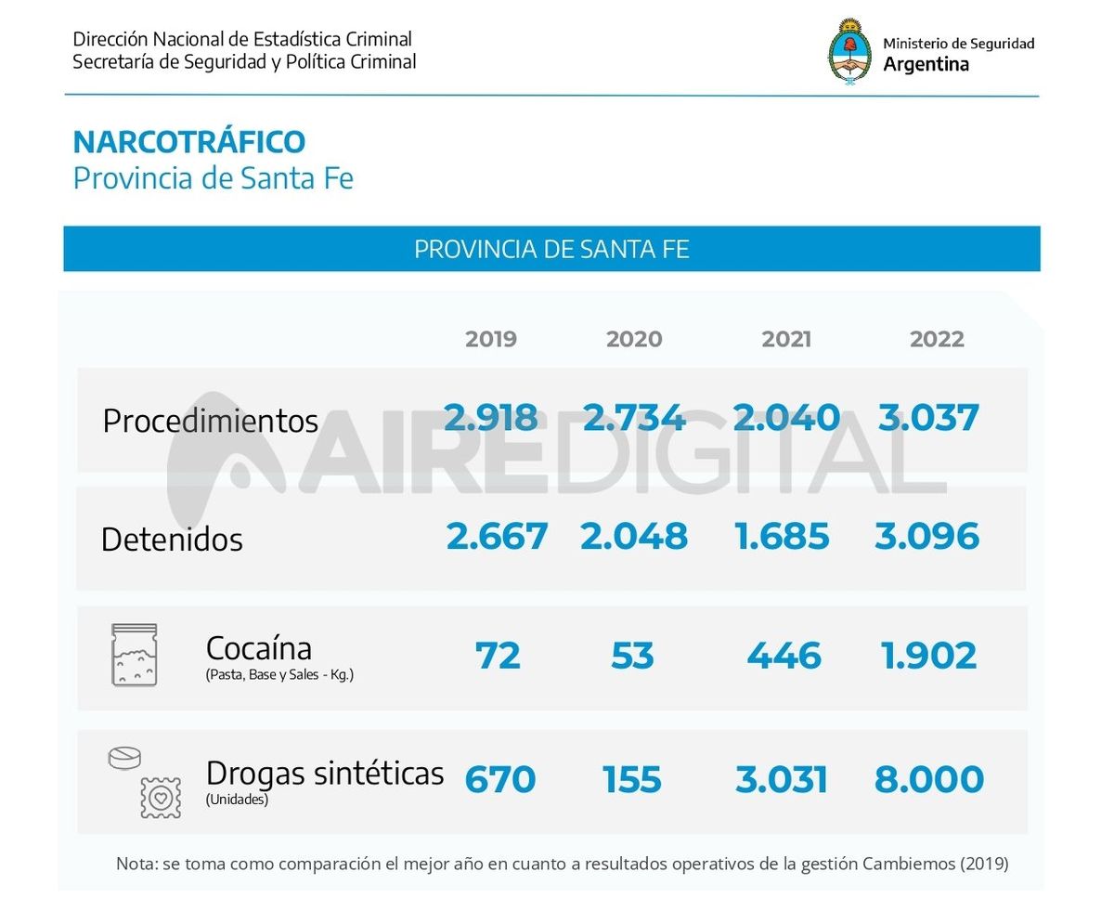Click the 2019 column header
click(x=491, y=339)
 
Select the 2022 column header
click(x=937, y=339)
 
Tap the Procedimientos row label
click(x=210, y=421)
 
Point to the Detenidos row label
click(x=172, y=540)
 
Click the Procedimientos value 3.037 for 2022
click(x=928, y=418)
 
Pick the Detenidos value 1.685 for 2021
click(x=782, y=537)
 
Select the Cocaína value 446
click(x=784, y=657)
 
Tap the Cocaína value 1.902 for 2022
click(x=928, y=657)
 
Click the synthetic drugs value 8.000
click(x=928, y=779)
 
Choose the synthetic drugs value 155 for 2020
click(x=632, y=779)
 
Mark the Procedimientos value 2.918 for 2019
click(x=490, y=418)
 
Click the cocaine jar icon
click(x=135, y=655)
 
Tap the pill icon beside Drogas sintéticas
click(x=125, y=758)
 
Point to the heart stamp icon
click(x=160, y=798)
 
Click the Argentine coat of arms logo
click(x=849, y=52)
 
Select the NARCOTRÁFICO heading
click(x=188, y=142)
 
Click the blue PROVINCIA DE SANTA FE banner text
click(x=551, y=250)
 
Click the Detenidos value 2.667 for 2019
click(x=497, y=537)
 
